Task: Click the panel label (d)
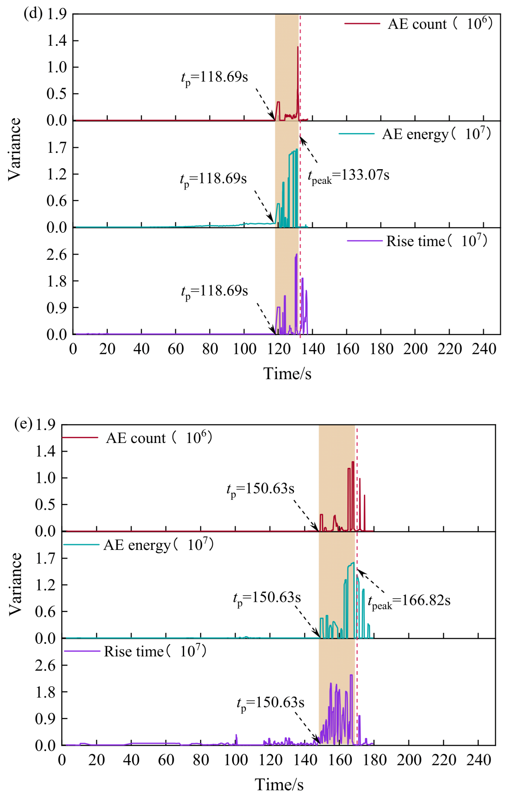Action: point(33,14)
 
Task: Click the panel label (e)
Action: point(23,424)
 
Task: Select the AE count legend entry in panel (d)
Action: point(418,24)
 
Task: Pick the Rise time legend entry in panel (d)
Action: point(417,241)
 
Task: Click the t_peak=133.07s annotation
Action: point(349,176)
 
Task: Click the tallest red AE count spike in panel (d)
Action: point(298,47)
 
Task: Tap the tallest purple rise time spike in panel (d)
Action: point(296,254)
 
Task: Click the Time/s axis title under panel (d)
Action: point(287,374)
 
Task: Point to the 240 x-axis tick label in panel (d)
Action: point(484,349)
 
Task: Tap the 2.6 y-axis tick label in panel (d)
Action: point(56,254)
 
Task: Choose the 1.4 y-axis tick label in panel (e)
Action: point(45,451)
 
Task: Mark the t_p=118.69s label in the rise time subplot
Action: point(214,292)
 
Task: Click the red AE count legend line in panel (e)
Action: point(80,437)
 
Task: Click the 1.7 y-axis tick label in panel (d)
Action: point(56,148)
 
